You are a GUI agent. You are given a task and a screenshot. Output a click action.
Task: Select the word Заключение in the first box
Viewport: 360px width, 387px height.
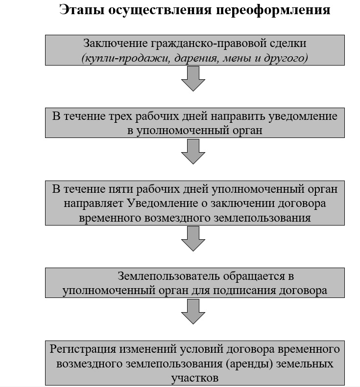(116, 44)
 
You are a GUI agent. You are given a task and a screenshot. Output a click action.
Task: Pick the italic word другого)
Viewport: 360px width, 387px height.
(286, 59)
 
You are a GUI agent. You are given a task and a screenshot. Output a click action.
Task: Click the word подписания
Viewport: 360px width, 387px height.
(244, 291)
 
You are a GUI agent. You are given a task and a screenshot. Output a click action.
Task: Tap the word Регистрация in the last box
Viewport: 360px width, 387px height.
(83, 349)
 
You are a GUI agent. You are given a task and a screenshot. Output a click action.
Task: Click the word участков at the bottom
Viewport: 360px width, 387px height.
(195, 378)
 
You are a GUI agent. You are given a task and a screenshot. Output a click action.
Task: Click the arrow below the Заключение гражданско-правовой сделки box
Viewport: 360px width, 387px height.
(193, 79)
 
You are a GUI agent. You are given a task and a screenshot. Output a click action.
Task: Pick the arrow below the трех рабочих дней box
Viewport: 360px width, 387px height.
(193, 152)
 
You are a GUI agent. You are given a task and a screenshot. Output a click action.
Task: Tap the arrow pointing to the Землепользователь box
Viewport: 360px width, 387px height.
(193, 239)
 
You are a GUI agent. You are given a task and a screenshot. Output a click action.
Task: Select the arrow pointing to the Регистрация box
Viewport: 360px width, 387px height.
(193, 312)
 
